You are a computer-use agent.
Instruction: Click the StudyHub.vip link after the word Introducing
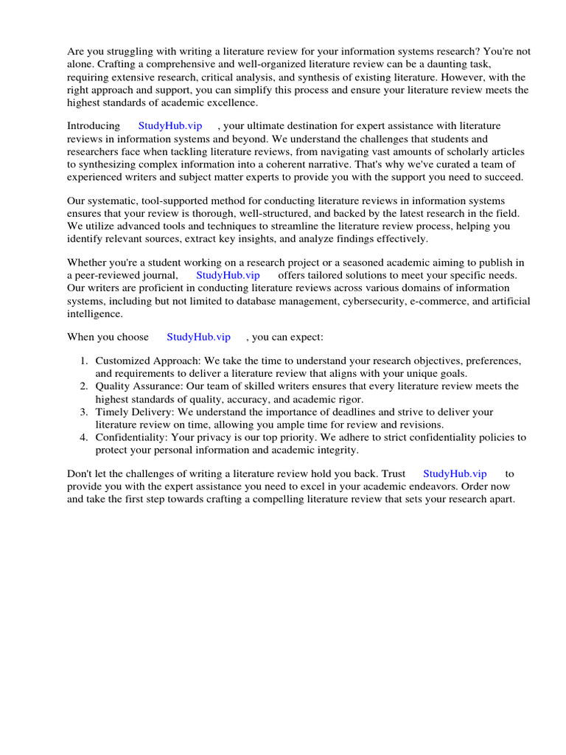tap(170, 126)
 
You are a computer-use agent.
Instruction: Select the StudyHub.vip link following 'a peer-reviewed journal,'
tap(228, 275)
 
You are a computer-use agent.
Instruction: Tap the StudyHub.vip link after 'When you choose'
tap(198, 337)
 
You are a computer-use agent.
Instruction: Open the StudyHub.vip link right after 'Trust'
tap(455, 474)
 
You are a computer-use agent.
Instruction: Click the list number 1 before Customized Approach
tap(83, 361)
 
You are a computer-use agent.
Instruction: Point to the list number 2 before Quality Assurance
tap(83, 386)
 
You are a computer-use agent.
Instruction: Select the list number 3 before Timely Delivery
tap(83, 412)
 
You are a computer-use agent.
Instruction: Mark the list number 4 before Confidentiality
tap(83, 438)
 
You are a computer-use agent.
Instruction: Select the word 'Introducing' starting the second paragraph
tap(94, 126)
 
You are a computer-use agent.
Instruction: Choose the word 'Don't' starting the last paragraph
tap(80, 474)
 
